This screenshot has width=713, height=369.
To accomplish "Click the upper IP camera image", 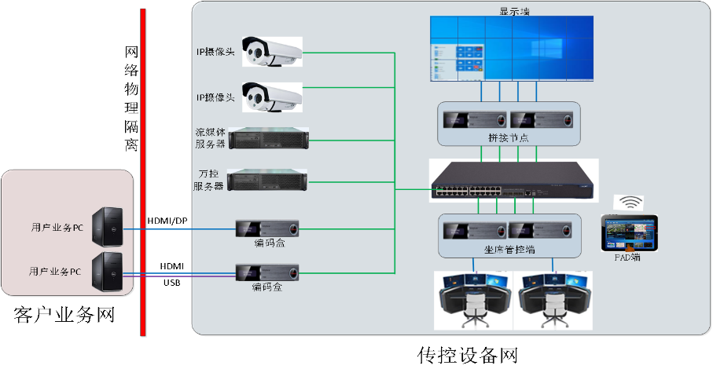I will point(270,53).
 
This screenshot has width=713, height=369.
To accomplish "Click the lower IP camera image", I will point(270,97).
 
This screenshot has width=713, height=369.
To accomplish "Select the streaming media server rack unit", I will point(267,139).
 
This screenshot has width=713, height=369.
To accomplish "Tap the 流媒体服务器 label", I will point(210,138).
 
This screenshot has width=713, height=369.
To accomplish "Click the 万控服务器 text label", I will point(209,180).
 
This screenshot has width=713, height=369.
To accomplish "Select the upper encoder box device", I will point(269,229).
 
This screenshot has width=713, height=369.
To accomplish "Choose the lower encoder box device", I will point(269,272).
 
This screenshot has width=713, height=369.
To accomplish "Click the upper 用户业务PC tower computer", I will point(105,228).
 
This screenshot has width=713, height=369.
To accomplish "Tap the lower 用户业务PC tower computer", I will point(105,272).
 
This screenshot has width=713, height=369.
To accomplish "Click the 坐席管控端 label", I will point(509,250).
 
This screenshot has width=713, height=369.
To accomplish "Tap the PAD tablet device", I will point(628,232).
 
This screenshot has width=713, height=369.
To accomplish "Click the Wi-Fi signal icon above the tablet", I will point(628,203).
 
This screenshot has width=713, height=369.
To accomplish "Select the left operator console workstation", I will point(473,300).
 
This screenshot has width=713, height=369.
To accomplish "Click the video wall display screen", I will point(512,49).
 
